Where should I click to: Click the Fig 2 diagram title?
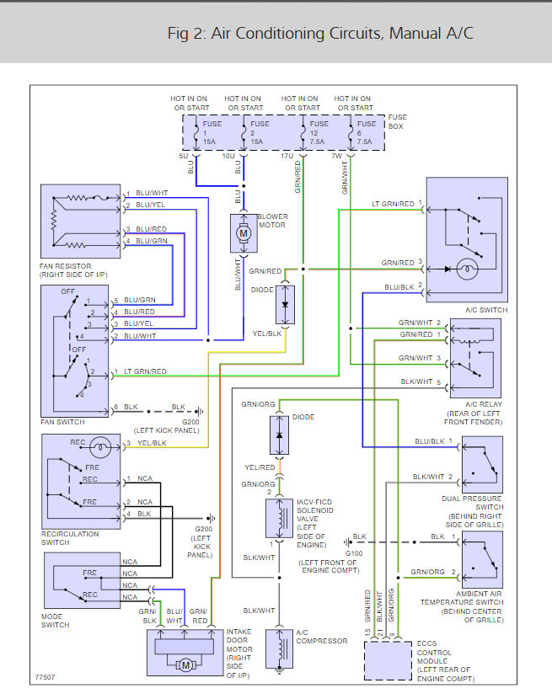[x=320, y=34]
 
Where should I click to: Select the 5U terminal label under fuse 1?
[x=183, y=155]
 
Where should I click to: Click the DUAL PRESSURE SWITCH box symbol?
[x=481, y=465]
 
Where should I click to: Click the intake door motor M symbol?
[x=183, y=664]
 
